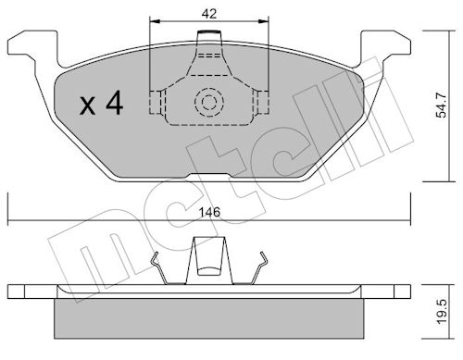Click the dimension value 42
[x=209, y=14]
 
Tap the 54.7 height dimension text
[x=441, y=106]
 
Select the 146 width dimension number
[x=209, y=212]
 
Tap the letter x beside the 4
[x=87, y=106]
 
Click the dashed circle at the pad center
[x=209, y=102]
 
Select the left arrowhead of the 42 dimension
[x=154, y=21]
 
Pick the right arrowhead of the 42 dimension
[x=264, y=21]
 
